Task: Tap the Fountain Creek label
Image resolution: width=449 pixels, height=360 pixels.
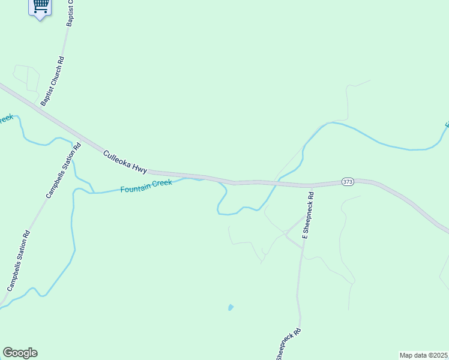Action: [146, 186]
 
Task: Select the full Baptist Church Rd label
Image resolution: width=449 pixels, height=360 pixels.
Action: [52, 82]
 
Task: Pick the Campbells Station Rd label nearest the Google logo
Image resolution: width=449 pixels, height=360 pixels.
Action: [19, 262]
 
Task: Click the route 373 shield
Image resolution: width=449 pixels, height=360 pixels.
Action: [348, 181]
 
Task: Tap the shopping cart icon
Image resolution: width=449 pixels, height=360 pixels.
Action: [40, 7]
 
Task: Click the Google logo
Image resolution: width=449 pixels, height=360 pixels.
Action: [20, 353]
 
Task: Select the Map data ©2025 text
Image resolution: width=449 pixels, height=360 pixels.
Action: [423, 355]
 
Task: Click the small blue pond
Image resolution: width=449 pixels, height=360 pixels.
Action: [231, 308]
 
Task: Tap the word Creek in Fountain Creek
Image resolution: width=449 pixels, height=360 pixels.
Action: [161, 184]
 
